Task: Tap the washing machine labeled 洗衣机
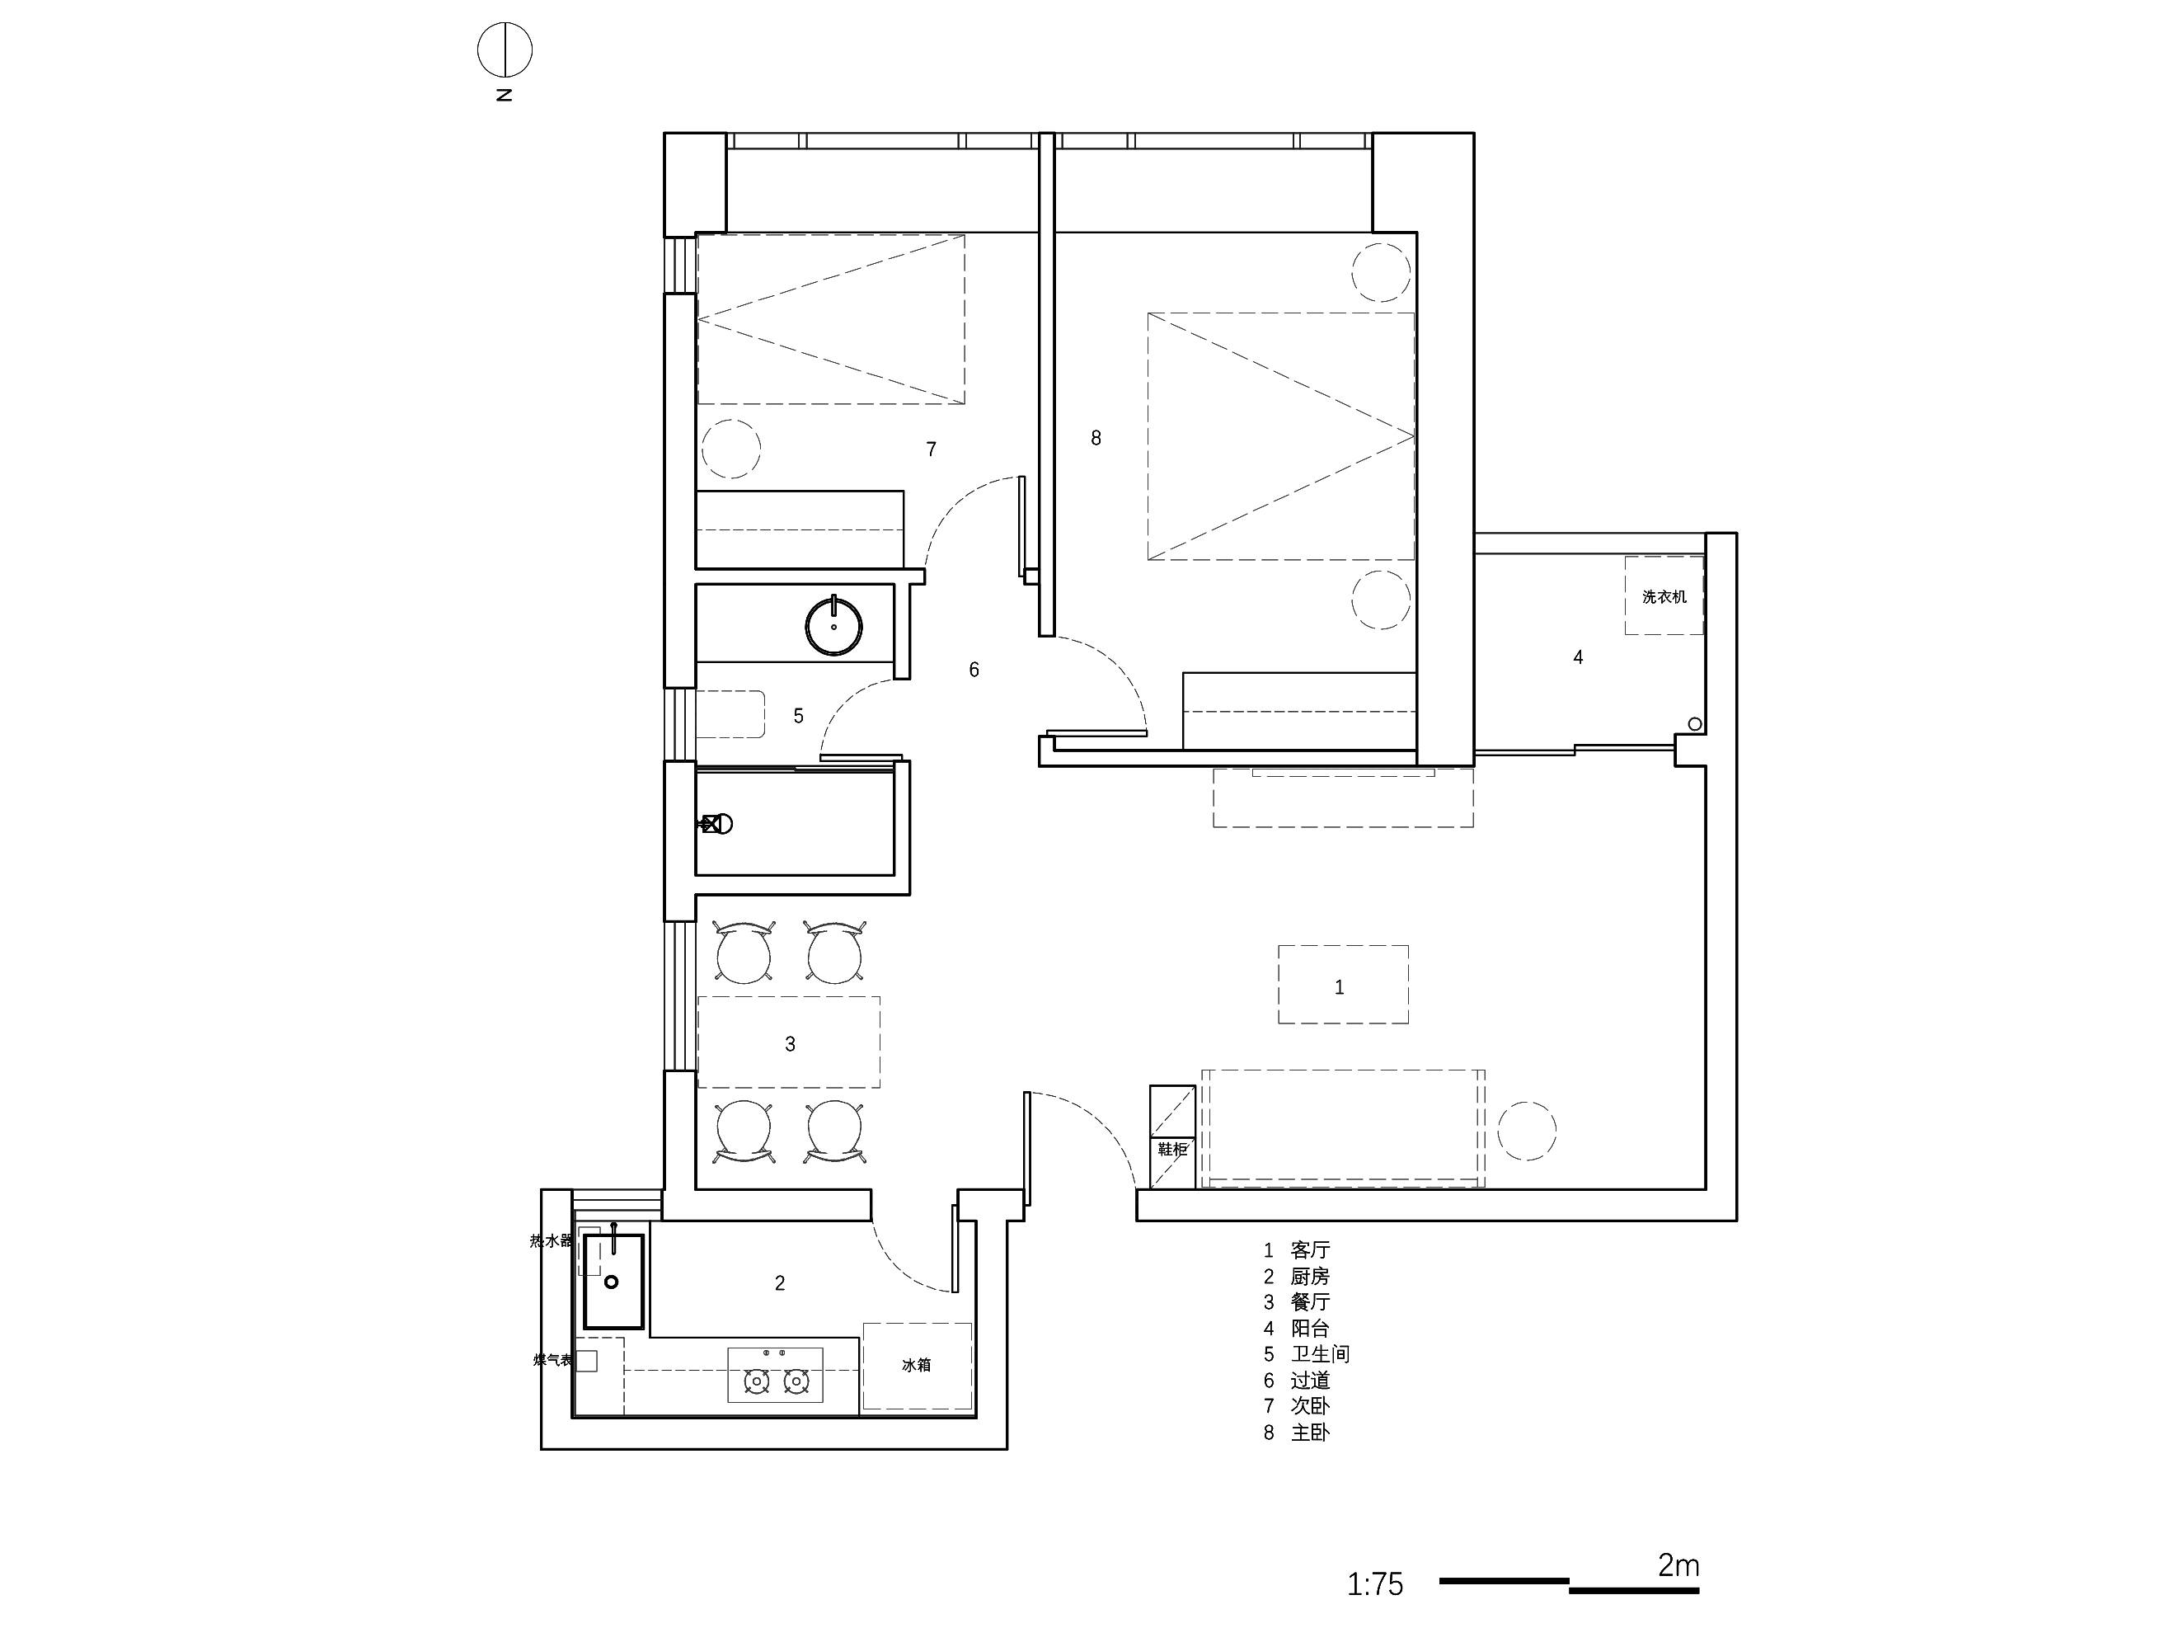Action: [x=1664, y=595]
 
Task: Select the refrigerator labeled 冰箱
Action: [x=917, y=1366]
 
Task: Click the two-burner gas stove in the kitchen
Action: [x=775, y=1375]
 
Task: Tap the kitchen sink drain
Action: [x=612, y=1281]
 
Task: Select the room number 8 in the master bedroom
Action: [x=1096, y=439]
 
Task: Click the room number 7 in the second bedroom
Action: [x=932, y=449]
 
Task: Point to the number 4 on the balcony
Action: [x=1578, y=657]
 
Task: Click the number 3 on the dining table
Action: [x=791, y=1044]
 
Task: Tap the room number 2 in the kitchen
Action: [x=780, y=1282]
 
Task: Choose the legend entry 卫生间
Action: [x=1320, y=1354]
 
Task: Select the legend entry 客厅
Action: [x=1310, y=1250]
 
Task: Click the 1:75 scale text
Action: [x=1375, y=1583]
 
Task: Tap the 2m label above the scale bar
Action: [x=1678, y=1565]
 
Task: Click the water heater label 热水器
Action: [x=551, y=1240]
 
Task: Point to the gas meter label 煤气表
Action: [x=553, y=1360]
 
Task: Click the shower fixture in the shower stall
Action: [x=715, y=824]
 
